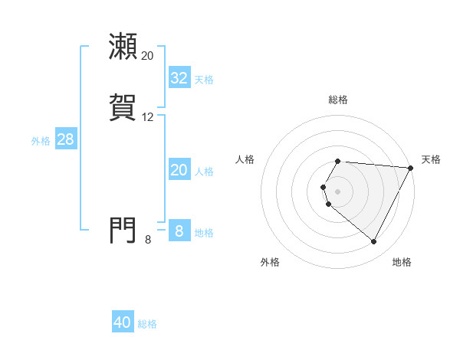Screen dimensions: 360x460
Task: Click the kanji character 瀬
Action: (123, 47)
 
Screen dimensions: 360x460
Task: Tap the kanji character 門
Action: (123, 229)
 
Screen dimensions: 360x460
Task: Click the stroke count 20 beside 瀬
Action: (147, 56)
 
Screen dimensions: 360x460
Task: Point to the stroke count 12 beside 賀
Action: (147, 117)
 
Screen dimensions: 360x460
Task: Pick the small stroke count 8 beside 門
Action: (148, 240)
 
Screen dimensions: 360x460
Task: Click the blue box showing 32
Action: (179, 78)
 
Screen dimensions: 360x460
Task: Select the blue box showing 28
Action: (65, 140)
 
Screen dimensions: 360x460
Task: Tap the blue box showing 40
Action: (123, 323)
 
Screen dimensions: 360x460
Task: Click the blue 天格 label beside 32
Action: (204, 80)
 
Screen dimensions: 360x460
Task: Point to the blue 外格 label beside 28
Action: (41, 141)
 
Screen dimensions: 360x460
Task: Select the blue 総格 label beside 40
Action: (147, 324)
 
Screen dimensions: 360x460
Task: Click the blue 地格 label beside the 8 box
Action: (204, 233)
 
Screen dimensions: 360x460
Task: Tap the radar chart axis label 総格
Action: (338, 100)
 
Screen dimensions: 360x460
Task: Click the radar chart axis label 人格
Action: (245, 159)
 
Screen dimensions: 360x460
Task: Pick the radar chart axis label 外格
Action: (270, 262)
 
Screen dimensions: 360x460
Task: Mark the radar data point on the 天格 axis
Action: (411, 168)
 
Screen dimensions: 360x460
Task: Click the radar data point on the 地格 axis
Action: (374, 242)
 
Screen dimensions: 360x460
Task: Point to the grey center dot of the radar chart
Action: (338, 191)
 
